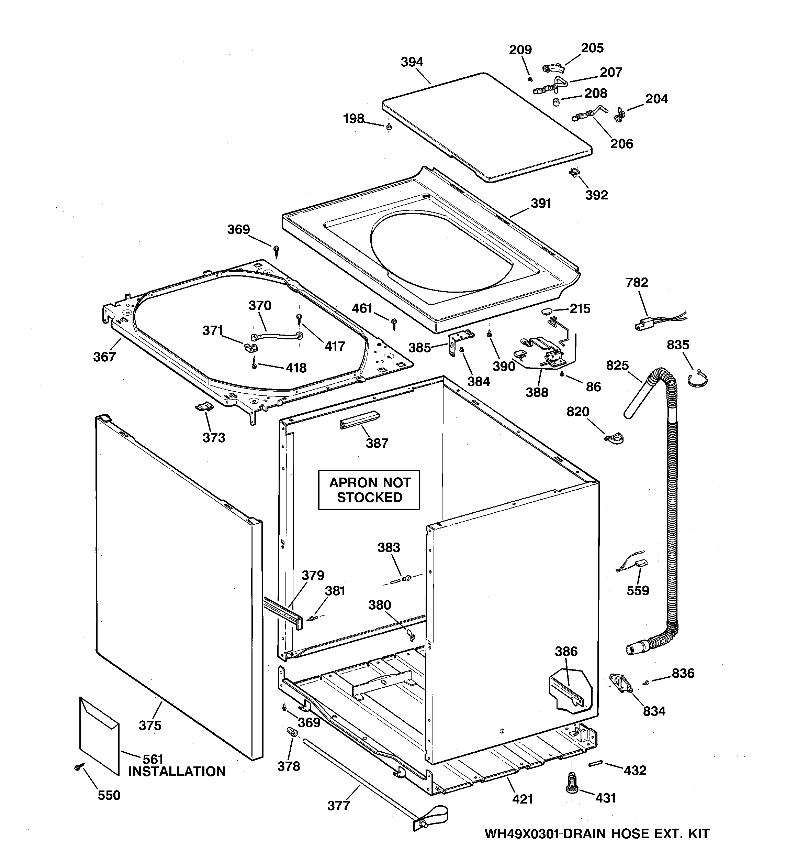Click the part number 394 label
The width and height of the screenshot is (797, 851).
click(412, 62)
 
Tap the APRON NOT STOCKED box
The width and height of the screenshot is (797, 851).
click(369, 490)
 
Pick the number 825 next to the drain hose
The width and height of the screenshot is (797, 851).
click(617, 365)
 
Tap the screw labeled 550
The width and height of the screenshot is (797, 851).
click(79, 767)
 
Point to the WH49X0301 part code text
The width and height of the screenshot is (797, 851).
click(522, 833)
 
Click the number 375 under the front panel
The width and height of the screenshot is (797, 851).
click(150, 725)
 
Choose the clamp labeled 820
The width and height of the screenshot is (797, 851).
click(615, 438)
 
